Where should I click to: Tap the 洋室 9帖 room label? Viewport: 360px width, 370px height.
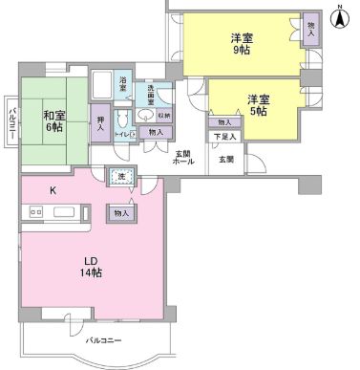tap(242, 47)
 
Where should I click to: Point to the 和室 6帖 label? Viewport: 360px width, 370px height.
tap(53, 122)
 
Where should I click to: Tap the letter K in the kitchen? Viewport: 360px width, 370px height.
tap(53, 190)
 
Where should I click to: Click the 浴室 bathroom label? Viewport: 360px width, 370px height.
tap(123, 85)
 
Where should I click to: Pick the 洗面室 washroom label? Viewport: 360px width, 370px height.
tap(154, 94)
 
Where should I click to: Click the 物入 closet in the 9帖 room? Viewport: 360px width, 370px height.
tap(311, 28)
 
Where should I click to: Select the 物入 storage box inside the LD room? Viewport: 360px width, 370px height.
tap(120, 213)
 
